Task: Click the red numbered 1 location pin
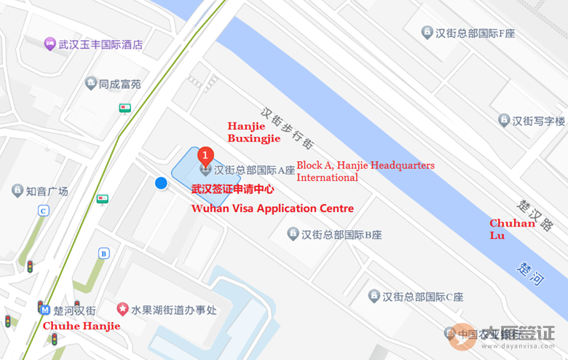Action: (x=206, y=154)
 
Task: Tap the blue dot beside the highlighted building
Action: (x=162, y=184)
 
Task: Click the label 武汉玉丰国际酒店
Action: (x=101, y=44)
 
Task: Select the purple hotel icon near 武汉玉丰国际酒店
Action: (x=50, y=44)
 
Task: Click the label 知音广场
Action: (x=47, y=191)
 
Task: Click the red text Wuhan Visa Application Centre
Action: (x=272, y=208)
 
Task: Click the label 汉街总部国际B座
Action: (x=342, y=235)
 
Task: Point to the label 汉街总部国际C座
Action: (x=423, y=296)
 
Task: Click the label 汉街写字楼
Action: (x=538, y=120)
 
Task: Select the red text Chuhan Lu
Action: (x=511, y=229)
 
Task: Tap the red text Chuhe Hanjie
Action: (x=82, y=326)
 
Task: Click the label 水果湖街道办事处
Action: (x=173, y=310)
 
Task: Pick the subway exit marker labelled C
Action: (x=44, y=211)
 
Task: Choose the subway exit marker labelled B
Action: (x=104, y=254)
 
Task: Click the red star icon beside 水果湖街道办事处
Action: (x=122, y=310)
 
